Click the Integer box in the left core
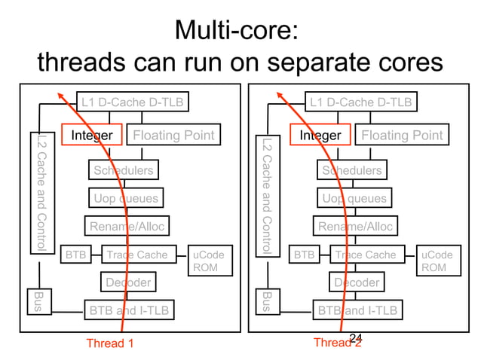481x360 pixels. (91, 136)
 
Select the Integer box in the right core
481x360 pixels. (320, 136)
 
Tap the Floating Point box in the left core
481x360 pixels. (173, 136)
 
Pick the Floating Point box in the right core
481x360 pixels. (403, 136)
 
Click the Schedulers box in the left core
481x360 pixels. (123, 170)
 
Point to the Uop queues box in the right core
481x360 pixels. (352, 199)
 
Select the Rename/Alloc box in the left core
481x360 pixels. (126, 227)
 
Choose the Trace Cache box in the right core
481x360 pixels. (365, 255)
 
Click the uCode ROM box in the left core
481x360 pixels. (206, 261)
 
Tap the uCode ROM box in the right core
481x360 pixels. (436, 261)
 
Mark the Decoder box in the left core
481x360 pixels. (128, 282)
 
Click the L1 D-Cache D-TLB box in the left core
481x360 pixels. (133, 102)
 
